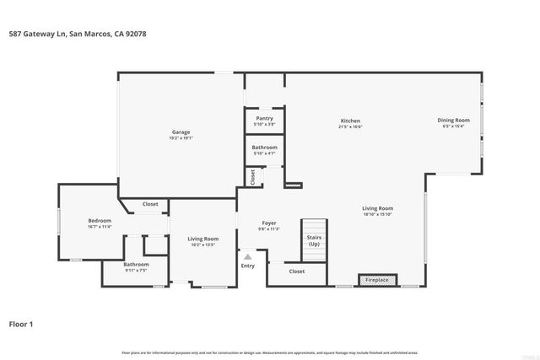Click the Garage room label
(181, 132)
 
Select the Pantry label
(264, 118)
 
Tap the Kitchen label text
(350, 121)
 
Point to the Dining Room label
(453, 121)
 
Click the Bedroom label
(100, 221)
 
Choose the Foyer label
(269, 223)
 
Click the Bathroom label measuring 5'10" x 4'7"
(264, 148)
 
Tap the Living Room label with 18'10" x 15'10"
(378, 208)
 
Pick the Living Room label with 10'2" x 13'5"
(203, 239)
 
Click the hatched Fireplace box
(376, 280)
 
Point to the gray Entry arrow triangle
(247, 257)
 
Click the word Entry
(247, 266)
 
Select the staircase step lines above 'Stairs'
(314, 228)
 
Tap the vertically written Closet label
(252, 177)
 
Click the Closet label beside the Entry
(297, 271)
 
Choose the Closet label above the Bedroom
(150, 204)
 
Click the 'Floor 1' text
(21, 324)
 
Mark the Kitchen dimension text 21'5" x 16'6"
(350, 126)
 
